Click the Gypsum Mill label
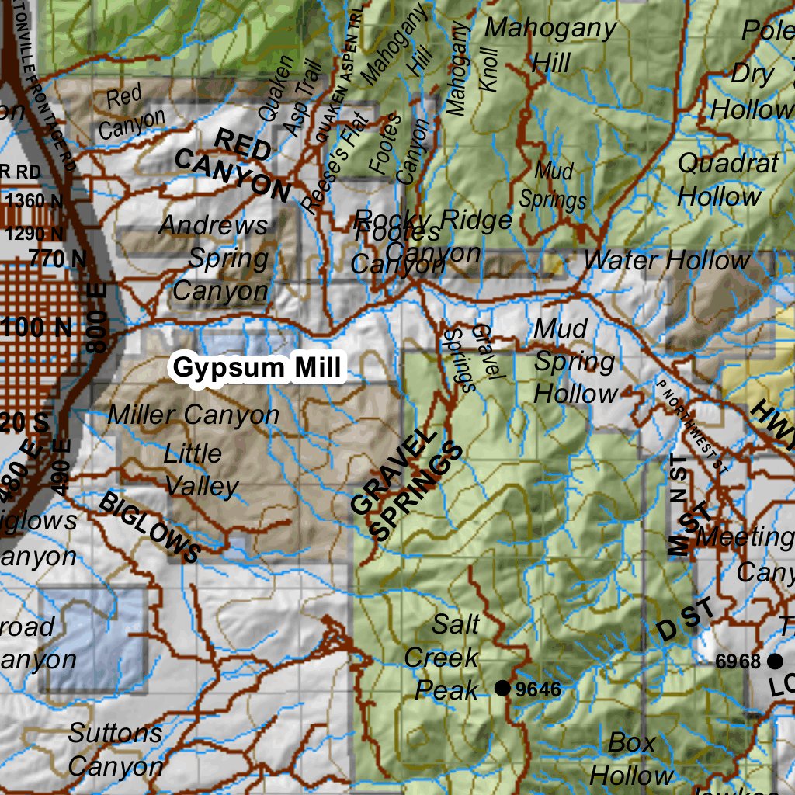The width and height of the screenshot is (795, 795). [x=257, y=368]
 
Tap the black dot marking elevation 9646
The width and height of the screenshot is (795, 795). [x=502, y=688]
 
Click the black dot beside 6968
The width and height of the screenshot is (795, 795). [x=774, y=661]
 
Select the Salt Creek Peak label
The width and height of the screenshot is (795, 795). [x=447, y=657]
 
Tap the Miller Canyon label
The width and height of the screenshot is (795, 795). [x=193, y=415]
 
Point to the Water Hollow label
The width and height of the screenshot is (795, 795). [x=666, y=260]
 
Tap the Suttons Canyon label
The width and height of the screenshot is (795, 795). [x=115, y=749]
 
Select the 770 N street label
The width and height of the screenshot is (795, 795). [x=58, y=259]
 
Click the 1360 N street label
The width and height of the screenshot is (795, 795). [x=35, y=200]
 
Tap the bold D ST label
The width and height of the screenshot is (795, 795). [x=683, y=620]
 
